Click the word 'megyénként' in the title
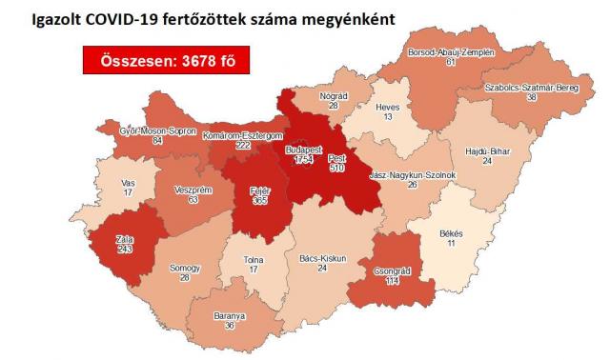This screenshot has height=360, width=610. pyautogui.click(x=339, y=18)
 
